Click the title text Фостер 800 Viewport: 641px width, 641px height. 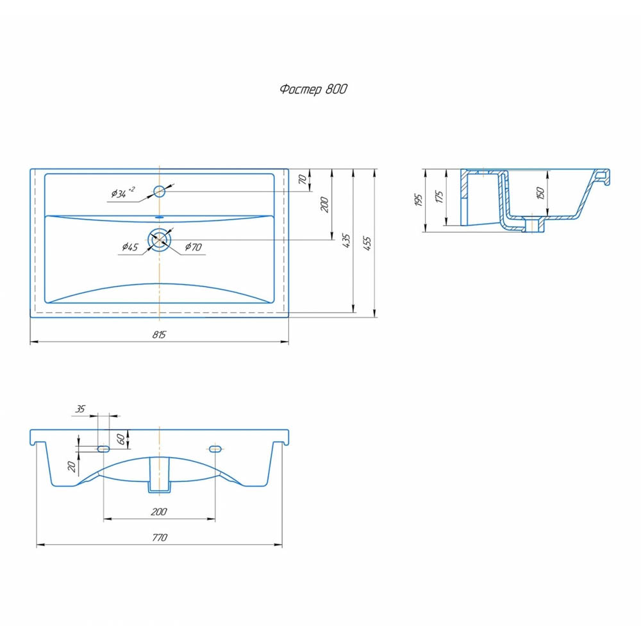coord(313,89)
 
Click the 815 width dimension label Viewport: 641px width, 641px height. coord(159,335)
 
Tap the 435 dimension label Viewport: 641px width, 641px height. coord(346,241)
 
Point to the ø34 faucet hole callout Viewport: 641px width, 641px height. coord(122,192)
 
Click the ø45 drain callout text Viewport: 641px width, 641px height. coord(130,247)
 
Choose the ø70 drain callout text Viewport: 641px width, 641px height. coord(194,247)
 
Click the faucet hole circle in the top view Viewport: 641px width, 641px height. coord(159,191)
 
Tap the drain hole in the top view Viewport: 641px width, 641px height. coord(160,240)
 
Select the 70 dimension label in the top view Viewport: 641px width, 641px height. coord(303,179)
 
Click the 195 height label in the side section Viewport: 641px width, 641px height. coord(418,200)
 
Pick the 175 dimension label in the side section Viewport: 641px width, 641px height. coord(440,197)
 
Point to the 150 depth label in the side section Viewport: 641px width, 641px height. coord(540,192)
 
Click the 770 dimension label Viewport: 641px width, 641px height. coord(160,538)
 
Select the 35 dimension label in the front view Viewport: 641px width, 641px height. coord(80,409)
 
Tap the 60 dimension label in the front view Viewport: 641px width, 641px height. coord(121,440)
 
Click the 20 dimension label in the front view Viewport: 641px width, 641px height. coord(72,467)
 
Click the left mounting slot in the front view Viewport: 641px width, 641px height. coord(103,449)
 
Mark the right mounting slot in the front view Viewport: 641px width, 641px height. coord(215,449)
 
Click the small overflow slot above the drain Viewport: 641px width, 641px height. coord(160,217)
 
